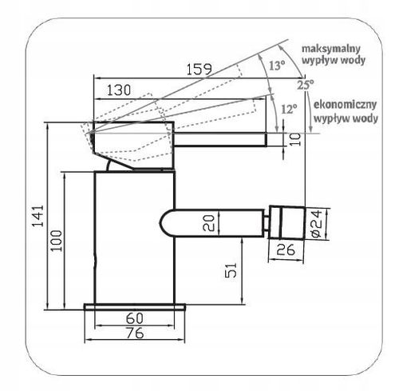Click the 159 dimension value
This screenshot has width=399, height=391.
coord(199,70)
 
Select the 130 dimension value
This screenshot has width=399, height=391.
coord(119,90)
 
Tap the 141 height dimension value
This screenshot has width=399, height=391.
coord(38,216)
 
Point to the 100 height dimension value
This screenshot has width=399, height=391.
coord(57,241)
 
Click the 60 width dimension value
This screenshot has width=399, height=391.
coord(135,318)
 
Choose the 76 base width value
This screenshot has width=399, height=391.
coord(135,333)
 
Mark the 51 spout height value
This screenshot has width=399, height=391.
coord(231,270)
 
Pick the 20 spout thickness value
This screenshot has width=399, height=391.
coord(208,223)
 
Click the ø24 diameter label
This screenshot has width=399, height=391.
coord(317,224)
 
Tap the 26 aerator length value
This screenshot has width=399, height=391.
coord(286,249)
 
